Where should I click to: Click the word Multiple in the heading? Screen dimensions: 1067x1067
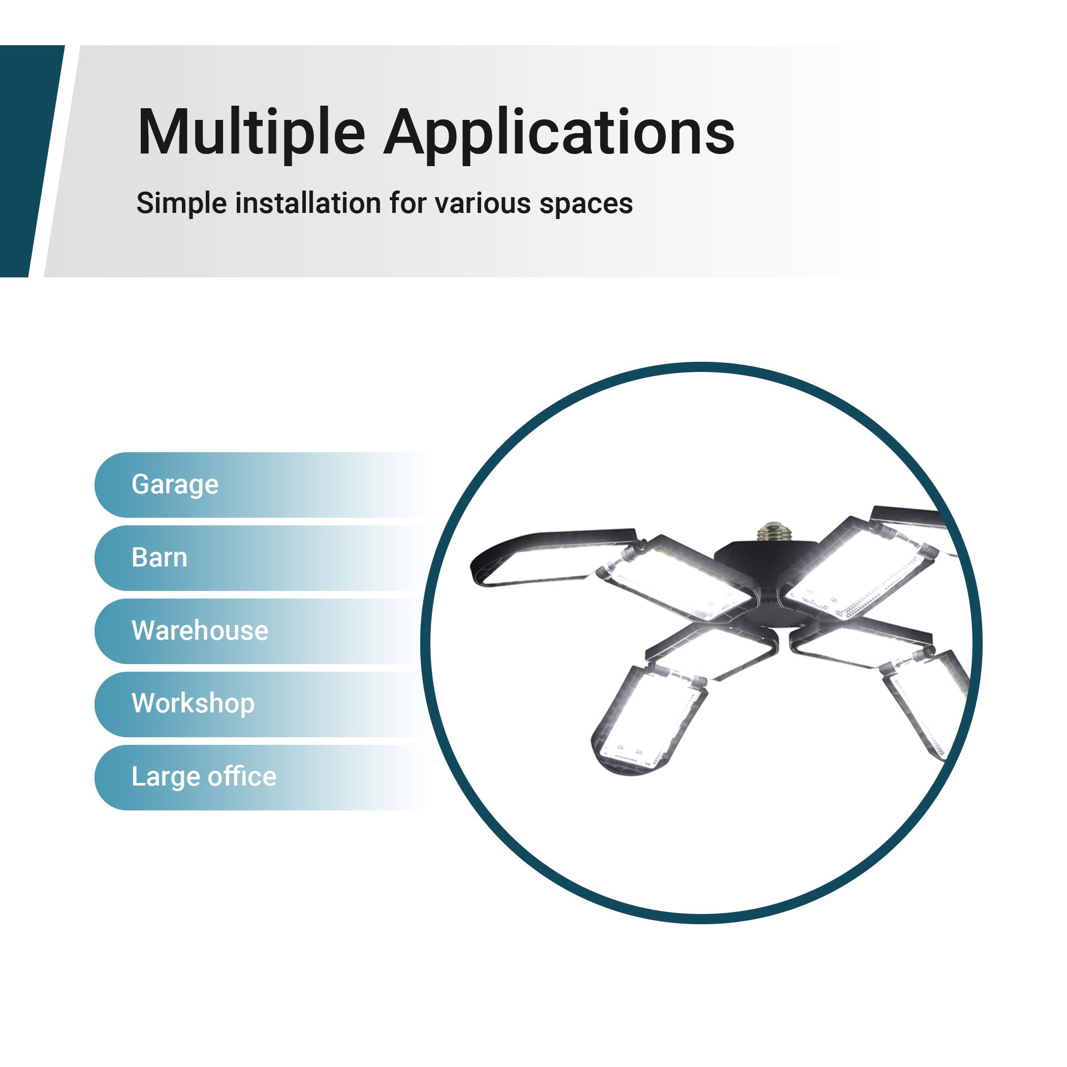tap(252, 133)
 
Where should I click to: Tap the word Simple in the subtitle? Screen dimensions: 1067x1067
tap(182, 204)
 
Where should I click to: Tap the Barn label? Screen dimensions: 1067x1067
tap(159, 557)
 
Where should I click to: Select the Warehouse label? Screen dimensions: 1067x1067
tap(200, 630)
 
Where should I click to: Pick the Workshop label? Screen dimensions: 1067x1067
tap(193, 704)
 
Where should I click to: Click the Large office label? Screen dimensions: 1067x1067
tap(204, 777)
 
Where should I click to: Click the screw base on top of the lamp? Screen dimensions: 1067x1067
tap(774, 532)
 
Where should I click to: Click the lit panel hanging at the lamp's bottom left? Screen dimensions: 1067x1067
tap(649, 718)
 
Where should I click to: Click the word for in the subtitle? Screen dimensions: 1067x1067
tap(407, 203)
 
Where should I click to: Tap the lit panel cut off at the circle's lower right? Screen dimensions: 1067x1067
tap(925, 704)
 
